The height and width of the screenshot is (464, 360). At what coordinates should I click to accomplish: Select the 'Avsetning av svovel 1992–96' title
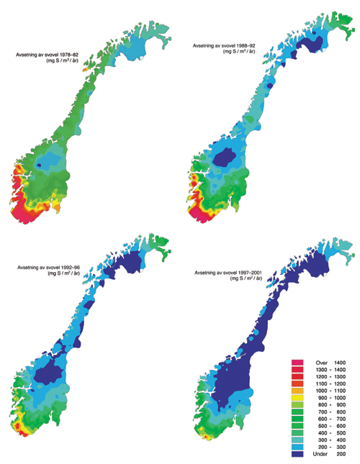point(51,267)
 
